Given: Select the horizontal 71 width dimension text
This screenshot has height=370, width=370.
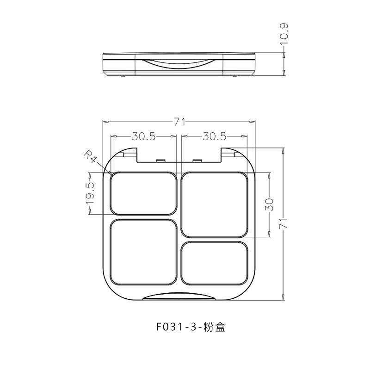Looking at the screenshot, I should tap(179, 122).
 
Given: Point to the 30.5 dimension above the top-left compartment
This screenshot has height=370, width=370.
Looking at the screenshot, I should tap(143, 136).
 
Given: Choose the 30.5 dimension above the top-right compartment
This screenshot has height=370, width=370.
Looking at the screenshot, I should tap(214, 136).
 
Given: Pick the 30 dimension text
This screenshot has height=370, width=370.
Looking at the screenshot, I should tap(270, 204).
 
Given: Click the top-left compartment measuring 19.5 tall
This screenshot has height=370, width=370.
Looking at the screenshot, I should tap(143, 194).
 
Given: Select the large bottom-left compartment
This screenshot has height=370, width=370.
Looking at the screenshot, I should tap(143, 253).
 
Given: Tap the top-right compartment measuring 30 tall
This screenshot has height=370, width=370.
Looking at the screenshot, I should tap(215, 204).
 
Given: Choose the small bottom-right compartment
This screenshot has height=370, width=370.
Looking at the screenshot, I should tap(215, 264).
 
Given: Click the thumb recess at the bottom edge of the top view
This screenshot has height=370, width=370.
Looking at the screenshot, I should tap(179, 297).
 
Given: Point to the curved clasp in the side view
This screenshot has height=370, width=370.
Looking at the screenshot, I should tap(179, 63).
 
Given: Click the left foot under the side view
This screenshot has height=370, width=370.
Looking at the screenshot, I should tap(123, 76).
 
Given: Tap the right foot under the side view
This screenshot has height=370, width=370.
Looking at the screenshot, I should tap(234, 76).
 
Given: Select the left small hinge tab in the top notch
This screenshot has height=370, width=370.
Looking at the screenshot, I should tap(160, 160).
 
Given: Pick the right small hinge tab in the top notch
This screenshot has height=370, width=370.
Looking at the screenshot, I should tap(197, 160).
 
